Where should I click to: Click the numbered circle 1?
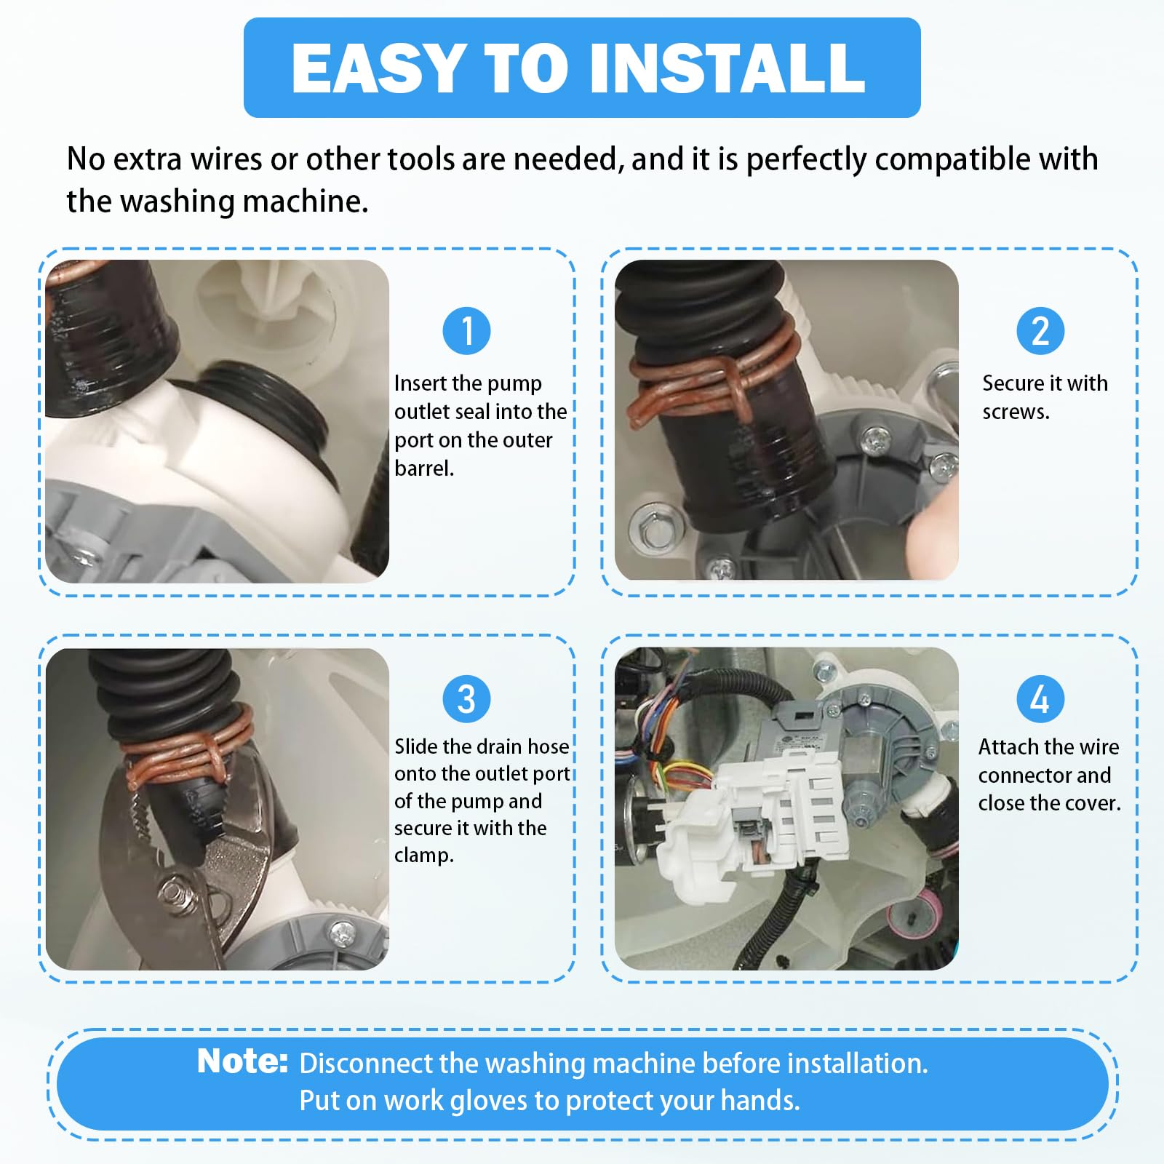click(x=466, y=331)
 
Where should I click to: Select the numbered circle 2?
click(x=1040, y=331)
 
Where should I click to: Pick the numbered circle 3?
click(x=466, y=699)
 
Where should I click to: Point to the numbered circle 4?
click(x=1040, y=699)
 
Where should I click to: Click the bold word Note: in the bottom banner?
click(x=243, y=1061)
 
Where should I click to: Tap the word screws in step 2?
click(x=1014, y=412)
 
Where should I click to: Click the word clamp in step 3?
click(x=421, y=856)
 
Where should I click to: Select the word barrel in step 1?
click(x=422, y=469)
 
